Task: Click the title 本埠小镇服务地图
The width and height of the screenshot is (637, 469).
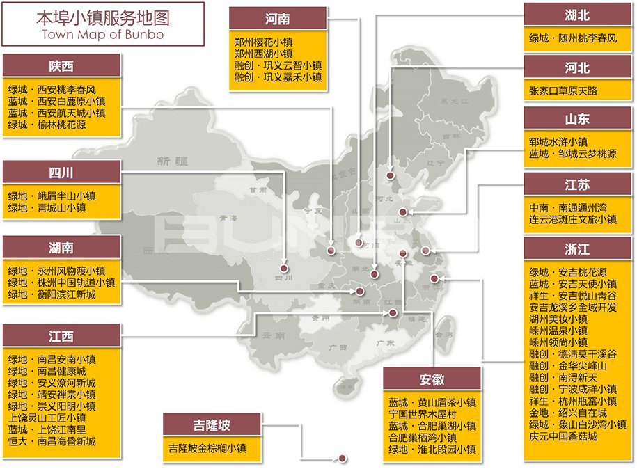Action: pos(104,17)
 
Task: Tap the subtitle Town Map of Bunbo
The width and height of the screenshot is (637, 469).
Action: pos(104,33)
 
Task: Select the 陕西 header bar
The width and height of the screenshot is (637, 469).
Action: pos(61,67)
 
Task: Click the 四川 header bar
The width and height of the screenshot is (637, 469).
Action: pos(61,172)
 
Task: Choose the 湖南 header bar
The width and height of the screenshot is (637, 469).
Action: pos(61,248)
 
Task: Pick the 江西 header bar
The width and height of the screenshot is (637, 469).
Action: pos(61,336)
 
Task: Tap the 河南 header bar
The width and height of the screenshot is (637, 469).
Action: pos(278,18)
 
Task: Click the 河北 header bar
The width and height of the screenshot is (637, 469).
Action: pos(578,67)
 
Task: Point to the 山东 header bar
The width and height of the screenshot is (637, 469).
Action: pos(578,119)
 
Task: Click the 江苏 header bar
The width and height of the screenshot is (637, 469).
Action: pos(578,184)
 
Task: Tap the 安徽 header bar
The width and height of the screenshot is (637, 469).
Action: pos(432,379)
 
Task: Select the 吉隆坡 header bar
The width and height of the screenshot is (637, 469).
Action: pos(212,424)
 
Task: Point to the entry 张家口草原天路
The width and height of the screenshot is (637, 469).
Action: pos(563,90)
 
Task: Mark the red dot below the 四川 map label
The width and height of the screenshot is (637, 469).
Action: pos(283,268)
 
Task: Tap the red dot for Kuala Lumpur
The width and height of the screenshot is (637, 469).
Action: pos(342,458)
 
